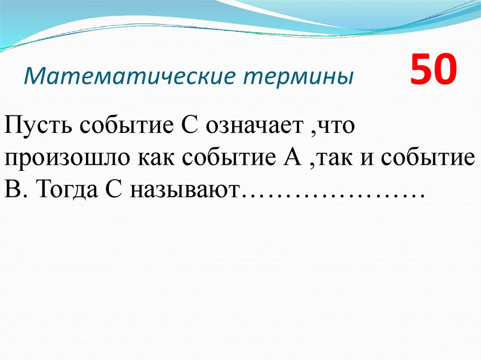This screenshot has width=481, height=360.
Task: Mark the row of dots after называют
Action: tap(332, 195)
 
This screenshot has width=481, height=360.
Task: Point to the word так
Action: tap(331, 158)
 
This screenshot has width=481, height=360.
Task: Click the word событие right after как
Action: tap(228, 158)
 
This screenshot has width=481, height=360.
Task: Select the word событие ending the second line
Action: tap(426, 158)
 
